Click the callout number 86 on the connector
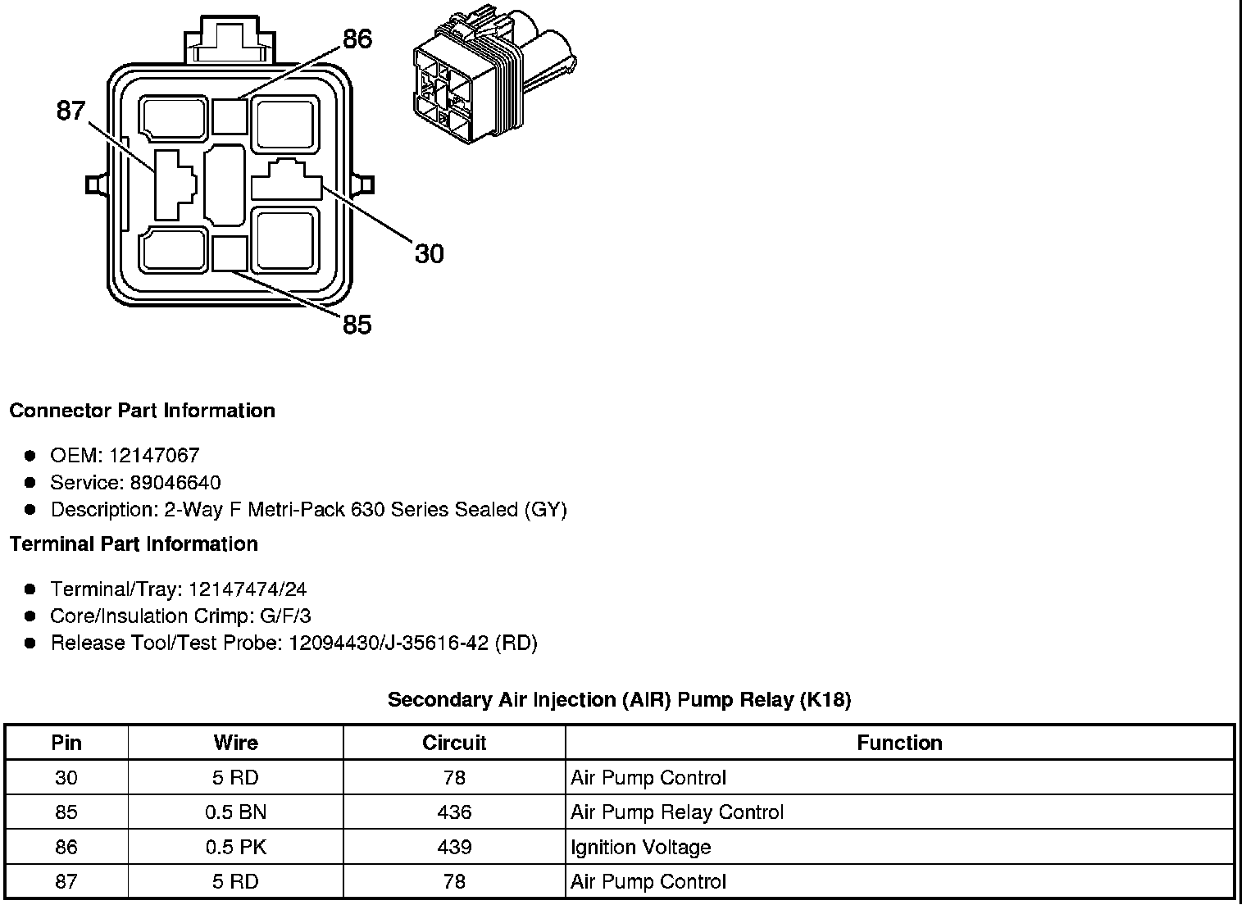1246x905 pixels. [357, 39]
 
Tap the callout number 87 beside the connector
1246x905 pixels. [70, 110]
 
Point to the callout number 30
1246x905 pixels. [429, 254]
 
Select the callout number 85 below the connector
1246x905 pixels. [357, 325]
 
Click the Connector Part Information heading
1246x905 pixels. [142, 411]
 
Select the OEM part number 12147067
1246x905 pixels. [154, 456]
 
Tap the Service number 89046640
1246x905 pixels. [175, 483]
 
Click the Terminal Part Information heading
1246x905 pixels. [134, 544]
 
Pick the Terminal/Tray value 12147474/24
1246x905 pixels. [248, 589]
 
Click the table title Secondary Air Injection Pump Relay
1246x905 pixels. [619, 700]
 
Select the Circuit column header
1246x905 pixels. [454, 743]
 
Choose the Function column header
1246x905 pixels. [899, 743]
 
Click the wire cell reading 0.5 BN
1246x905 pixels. [236, 812]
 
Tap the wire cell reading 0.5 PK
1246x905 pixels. [236, 847]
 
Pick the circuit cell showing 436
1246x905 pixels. [454, 812]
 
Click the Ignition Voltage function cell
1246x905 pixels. [641, 847]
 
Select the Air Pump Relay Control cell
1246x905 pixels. [677, 812]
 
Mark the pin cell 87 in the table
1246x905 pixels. [66, 881]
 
